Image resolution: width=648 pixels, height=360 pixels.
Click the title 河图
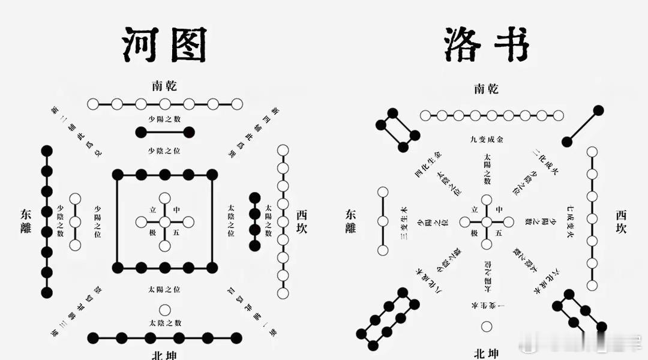click(164, 45)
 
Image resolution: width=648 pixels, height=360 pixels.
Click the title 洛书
click(486, 45)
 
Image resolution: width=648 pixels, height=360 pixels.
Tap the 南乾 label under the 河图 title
click(164, 85)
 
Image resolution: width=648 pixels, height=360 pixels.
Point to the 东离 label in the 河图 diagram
click(26, 221)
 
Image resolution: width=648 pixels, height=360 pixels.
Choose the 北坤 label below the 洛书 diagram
click(485, 353)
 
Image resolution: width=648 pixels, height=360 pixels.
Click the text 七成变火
click(571, 222)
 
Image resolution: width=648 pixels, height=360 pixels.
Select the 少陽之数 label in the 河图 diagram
click(165, 118)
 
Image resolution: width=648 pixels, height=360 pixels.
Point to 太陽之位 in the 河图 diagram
click(165, 290)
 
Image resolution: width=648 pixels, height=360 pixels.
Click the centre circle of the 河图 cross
click(165, 222)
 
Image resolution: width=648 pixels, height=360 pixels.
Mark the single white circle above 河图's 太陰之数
click(165, 310)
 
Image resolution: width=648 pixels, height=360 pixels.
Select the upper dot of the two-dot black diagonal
click(598, 110)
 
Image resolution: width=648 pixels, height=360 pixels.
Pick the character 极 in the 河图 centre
click(152, 232)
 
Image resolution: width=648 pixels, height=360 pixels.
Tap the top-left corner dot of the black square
click(118, 175)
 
